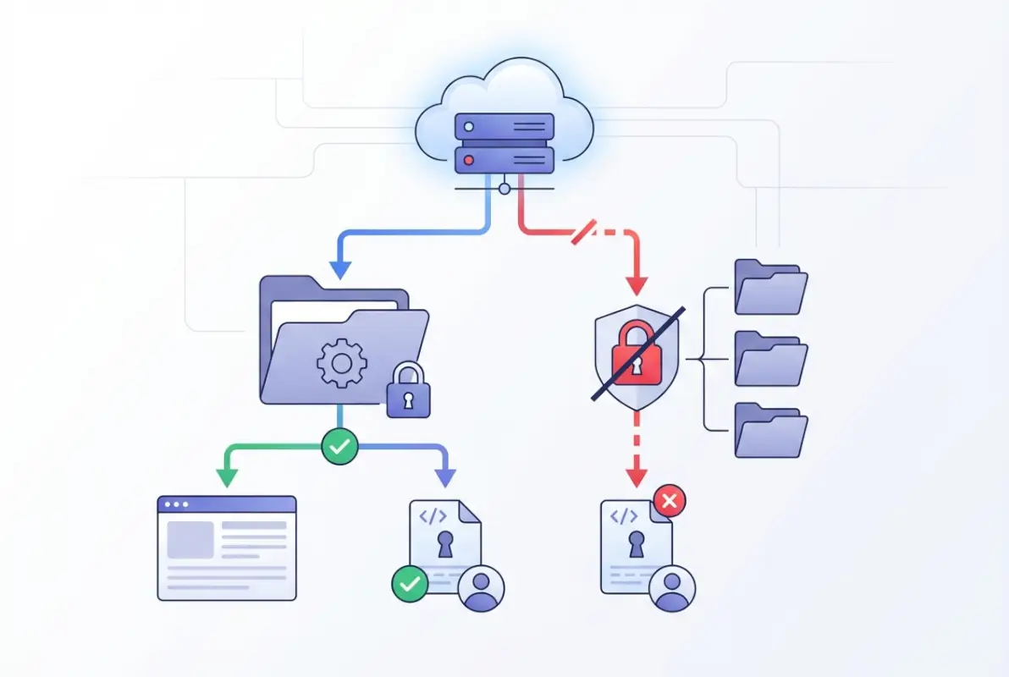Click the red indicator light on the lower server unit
tap(469, 160)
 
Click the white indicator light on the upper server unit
tap(469, 127)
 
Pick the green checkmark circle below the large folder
tap(339, 447)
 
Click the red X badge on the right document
tap(669, 501)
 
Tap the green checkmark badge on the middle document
tap(410, 583)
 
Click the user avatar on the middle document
tap(481, 587)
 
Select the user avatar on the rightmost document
tap(673, 588)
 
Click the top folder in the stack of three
tap(770, 288)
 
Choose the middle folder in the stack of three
tap(770, 359)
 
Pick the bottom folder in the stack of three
tap(770, 431)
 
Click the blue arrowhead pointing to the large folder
tap(339, 269)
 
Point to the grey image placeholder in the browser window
tap(190, 539)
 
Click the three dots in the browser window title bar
tap(177, 504)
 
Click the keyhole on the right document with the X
tap(636, 545)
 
